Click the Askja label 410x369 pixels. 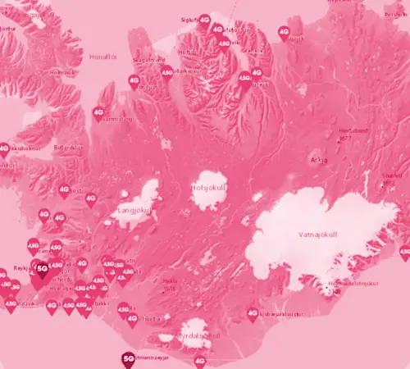coord(317,158)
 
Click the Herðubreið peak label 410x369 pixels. coord(354,131)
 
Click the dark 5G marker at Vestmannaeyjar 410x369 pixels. coord(128,358)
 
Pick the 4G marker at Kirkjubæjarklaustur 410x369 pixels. coord(253,313)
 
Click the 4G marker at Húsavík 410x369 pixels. coord(285,34)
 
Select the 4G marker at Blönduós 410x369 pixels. coord(134,81)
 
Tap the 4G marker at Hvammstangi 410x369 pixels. coord(98,113)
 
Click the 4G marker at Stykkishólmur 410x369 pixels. coord(4,150)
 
